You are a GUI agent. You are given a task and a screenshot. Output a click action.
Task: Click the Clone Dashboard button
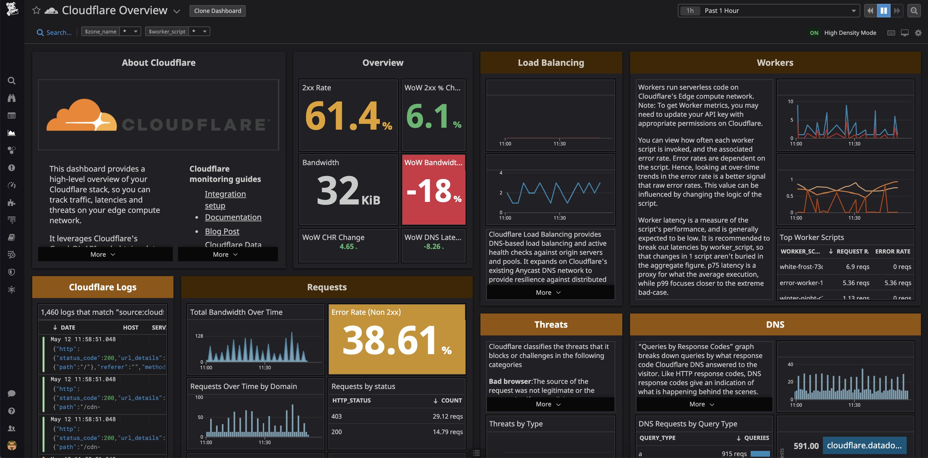pyautogui.click(x=217, y=11)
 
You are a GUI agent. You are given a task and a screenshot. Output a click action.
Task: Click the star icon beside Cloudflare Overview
pyautogui.click(x=36, y=10)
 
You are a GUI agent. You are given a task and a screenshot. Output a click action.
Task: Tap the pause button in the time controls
pyautogui.click(x=883, y=11)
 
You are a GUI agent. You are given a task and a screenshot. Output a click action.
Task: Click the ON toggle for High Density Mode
pyautogui.click(x=814, y=33)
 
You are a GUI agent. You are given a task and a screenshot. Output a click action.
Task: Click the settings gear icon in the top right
pyautogui.click(x=918, y=33)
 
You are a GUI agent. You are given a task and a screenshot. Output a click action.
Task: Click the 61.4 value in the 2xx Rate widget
pyautogui.click(x=342, y=116)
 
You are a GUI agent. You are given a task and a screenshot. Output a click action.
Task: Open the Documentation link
pyautogui.click(x=233, y=217)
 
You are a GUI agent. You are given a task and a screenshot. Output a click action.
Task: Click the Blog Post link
pyautogui.click(x=222, y=231)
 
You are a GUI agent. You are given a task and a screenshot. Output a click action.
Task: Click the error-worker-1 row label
pyautogui.click(x=801, y=283)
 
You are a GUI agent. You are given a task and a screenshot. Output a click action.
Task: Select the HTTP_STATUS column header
pyautogui.click(x=351, y=400)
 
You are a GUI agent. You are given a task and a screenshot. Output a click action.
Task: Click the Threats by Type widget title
pyautogui.click(x=516, y=424)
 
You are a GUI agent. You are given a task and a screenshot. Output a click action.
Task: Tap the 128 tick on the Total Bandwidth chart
pyautogui.click(x=199, y=336)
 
